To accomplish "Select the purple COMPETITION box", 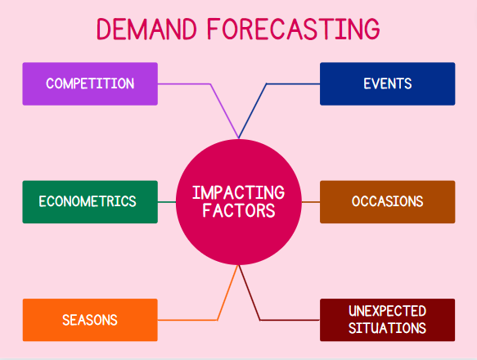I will point(90,83).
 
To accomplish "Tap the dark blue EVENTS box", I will point(387,83).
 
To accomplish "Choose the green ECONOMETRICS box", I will point(90,201).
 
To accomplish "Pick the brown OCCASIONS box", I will point(387,201).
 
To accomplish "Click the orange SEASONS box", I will point(90,320).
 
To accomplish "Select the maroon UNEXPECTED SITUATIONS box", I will point(387,320).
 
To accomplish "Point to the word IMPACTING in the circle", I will point(238,193).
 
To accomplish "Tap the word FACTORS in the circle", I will point(238,211).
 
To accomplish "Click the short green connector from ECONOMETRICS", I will point(167,201).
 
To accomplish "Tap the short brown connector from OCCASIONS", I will point(310,201).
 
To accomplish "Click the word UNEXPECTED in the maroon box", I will point(387,311).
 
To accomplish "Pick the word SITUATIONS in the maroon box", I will point(387,328).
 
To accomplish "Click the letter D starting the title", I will point(106,29).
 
